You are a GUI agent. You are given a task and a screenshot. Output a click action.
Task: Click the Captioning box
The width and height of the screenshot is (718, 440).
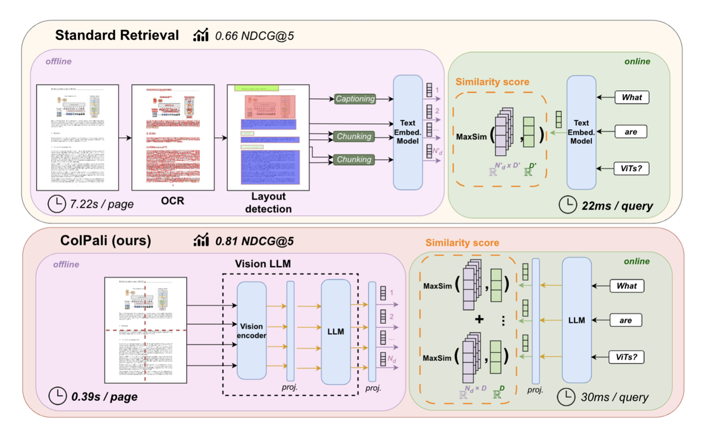355,99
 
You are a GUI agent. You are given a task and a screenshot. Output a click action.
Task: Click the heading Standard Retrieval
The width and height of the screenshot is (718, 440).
117,35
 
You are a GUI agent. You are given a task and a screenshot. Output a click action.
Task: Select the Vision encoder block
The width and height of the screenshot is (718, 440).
252,330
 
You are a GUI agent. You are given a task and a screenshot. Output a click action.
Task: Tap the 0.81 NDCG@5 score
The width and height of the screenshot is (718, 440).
254,241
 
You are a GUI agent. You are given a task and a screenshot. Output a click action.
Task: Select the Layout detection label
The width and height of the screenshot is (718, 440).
268,203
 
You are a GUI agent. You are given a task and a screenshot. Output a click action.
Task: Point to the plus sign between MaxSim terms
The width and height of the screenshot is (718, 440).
479,320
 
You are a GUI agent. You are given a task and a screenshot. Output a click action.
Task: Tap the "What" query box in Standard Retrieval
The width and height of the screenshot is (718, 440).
631,97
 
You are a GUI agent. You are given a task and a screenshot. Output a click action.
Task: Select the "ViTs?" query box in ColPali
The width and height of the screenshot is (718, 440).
627,357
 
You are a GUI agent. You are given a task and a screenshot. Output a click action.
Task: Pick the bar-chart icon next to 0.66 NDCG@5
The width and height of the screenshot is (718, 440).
201,35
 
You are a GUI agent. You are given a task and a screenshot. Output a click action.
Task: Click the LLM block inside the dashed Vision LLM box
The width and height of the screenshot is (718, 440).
336,332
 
